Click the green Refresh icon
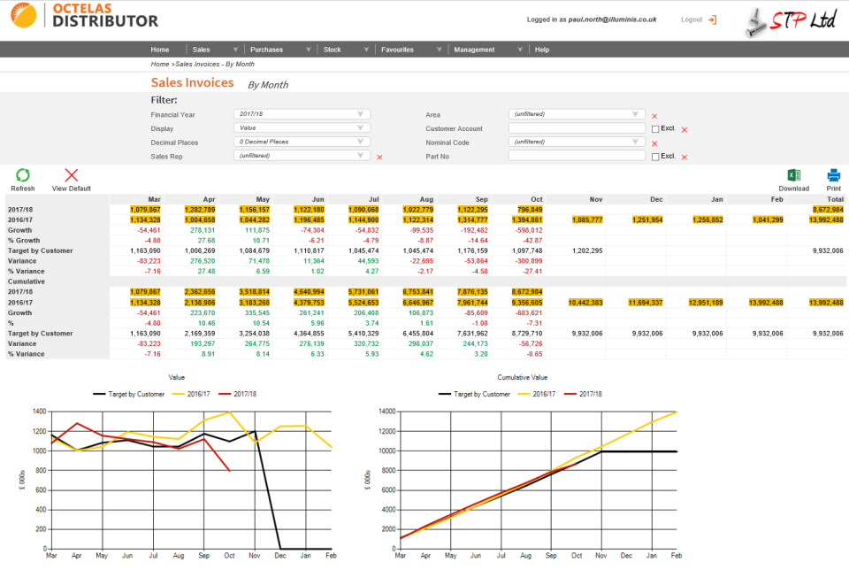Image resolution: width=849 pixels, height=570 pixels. pos(23,175)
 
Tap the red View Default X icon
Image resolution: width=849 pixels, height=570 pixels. pos(72,175)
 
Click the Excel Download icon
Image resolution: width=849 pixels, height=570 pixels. pos(793,175)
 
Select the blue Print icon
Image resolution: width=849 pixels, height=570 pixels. pos(833,175)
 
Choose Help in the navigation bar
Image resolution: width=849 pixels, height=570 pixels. pos(541,50)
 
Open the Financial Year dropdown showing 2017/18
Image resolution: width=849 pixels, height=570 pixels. pos(302,114)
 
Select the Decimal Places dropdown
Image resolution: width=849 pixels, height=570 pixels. pos(302,142)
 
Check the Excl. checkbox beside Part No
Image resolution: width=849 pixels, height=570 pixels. pos(654,157)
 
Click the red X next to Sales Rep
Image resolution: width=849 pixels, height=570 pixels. pos(379,157)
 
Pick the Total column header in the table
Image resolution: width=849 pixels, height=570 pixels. pos(832,199)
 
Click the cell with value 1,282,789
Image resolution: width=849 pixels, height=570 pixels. pos(200,209)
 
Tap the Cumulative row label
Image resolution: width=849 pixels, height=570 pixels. pos(27,281)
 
